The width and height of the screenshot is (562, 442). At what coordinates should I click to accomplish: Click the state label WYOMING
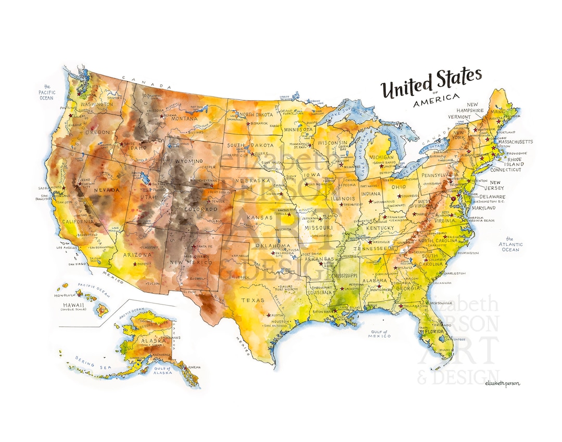189,161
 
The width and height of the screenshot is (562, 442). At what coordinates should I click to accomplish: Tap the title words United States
431,83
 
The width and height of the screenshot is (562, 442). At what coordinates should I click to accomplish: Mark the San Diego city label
76,264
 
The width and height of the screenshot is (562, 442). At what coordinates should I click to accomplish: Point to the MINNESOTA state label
298,129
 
